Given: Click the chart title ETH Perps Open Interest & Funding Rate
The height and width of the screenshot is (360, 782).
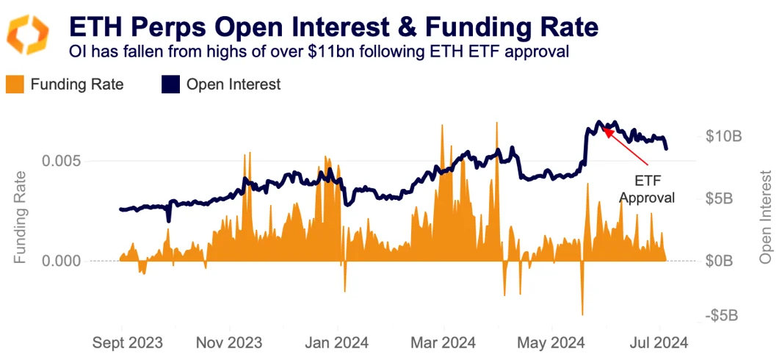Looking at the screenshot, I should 333,27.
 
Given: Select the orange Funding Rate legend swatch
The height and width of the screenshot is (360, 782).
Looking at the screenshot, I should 15,84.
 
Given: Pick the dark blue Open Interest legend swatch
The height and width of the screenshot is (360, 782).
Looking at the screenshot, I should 170,84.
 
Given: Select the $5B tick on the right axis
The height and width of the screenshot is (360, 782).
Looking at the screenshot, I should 724,198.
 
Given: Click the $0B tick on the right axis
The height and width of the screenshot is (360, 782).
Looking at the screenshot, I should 724,261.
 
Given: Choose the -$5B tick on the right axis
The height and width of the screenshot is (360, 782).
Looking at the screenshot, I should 722,315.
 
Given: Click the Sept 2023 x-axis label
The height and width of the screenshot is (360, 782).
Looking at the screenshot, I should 128,343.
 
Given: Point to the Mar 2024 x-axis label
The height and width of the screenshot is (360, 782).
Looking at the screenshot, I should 443,343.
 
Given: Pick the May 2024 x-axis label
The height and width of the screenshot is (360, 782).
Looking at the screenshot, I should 551,343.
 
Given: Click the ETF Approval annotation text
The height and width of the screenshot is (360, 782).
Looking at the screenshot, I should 647,188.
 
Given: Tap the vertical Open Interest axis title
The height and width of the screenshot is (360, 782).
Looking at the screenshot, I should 767,217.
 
